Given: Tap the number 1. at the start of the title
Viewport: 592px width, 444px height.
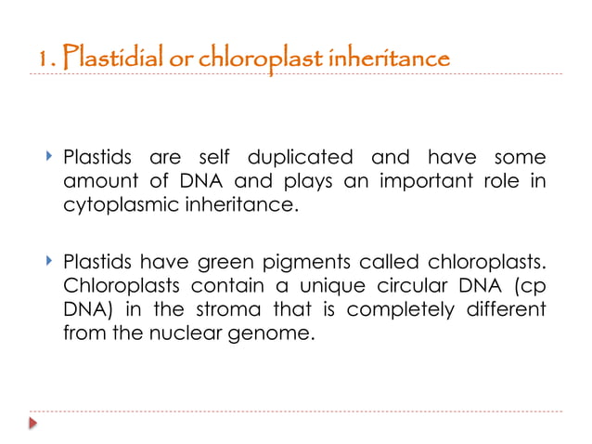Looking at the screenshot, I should [x=47, y=59].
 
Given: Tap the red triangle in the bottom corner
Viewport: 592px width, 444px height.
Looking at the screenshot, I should [x=33, y=423].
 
